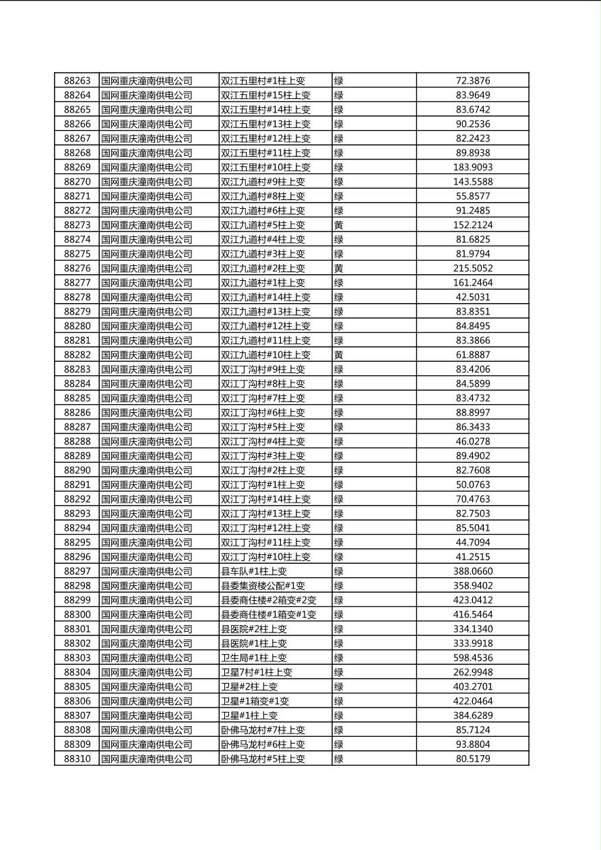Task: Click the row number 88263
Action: pos(77,81)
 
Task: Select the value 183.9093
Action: pos(473,167)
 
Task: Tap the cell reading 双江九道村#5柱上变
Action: pos(263,225)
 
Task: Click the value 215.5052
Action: pos(473,268)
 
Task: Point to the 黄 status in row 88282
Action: pos(339,355)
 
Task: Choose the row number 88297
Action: pos(77,571)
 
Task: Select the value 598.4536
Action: pos(473,658)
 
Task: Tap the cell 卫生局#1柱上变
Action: pos(254,658)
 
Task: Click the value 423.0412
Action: pos(473,600)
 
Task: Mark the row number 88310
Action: pos(77,759)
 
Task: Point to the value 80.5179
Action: pos(473,759)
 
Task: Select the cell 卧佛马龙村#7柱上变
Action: pos(263,730)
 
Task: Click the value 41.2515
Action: pos(473,557)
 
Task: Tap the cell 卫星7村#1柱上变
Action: pos(257,672)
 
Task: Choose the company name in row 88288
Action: pos(147,442)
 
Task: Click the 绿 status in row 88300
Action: pos(339,615)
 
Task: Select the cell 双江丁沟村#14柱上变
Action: pos(265,499)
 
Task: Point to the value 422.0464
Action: pos(473,701)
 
